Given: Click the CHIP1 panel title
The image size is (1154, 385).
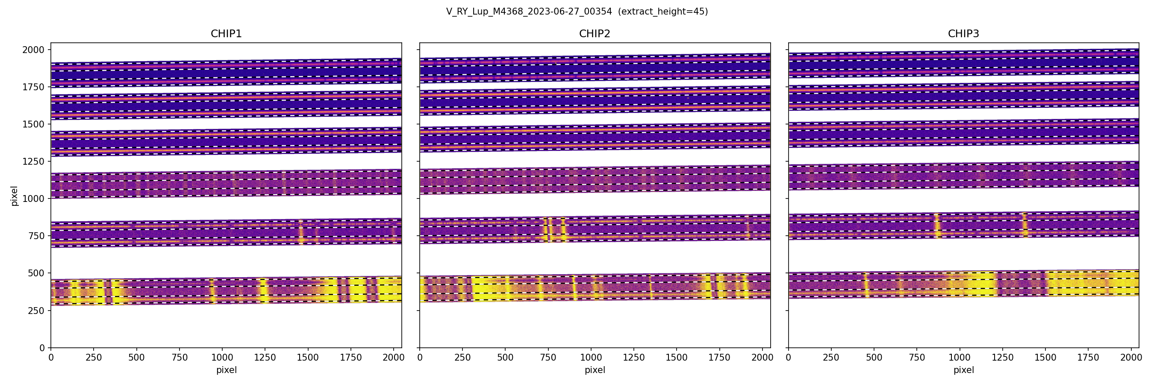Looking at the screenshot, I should tap(226, 34).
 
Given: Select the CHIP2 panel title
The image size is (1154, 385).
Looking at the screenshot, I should tap(595, 34).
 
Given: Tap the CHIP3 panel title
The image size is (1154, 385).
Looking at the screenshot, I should tap(963, 34).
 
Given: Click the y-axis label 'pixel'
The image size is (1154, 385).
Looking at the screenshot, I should tap(15, 196).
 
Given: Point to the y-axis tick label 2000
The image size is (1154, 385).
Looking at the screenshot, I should tap(33, 50).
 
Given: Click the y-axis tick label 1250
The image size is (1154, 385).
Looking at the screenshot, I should tap(33, 161).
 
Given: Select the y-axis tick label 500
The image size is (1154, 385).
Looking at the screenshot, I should tap(36, 273).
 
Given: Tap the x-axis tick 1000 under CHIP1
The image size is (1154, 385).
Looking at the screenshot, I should tap(222, 358).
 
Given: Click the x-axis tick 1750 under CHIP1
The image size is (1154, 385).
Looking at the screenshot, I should tap(351, 358).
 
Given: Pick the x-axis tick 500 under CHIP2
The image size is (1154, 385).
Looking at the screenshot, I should tap(505, 358).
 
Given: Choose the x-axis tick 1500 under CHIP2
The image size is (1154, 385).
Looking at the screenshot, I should tap(677, 358).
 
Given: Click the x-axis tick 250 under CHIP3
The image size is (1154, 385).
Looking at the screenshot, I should tap(831, 358).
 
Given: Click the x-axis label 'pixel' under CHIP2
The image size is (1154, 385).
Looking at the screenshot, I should tap(595, 370).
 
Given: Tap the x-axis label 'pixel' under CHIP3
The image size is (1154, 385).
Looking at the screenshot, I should tap(963, 370).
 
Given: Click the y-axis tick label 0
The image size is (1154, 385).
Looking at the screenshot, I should tap(42, 348).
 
